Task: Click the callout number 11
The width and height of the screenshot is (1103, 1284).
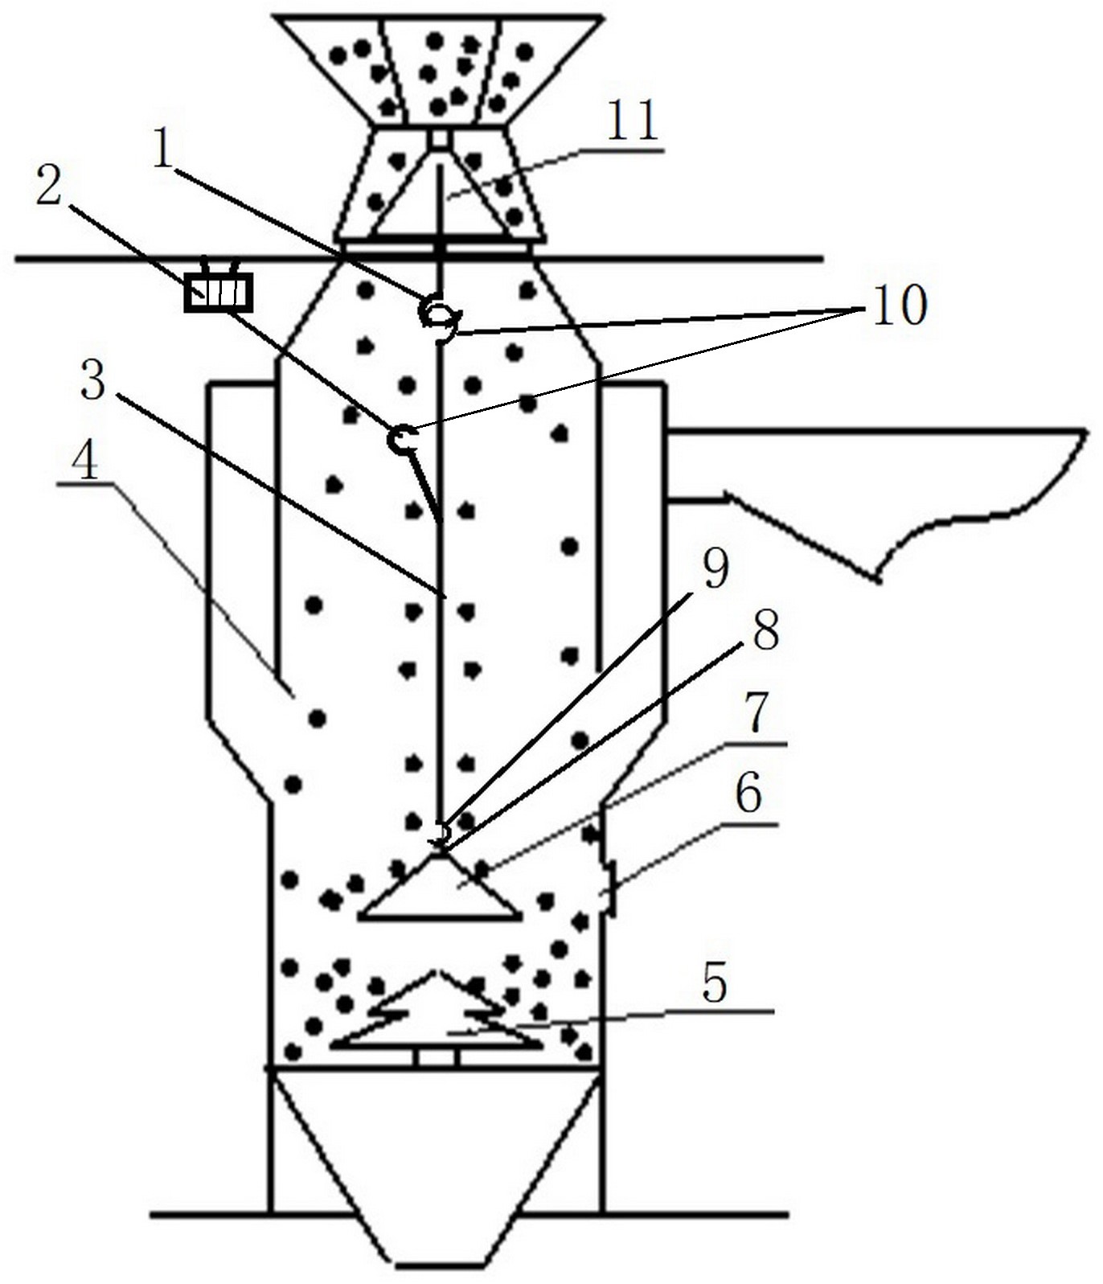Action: (x=633, y=121)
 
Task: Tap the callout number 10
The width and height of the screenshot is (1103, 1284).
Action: (x=900, y=306)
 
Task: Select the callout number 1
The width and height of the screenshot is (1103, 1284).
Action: (x=164, y=149)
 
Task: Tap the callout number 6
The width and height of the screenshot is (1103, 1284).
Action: (x=748, y=796)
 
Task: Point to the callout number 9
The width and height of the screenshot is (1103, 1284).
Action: (x=715, y=568)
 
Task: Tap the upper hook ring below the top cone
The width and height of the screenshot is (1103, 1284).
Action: (x=439, y=314)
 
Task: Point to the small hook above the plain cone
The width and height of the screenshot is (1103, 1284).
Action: (x=441, y=834)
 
